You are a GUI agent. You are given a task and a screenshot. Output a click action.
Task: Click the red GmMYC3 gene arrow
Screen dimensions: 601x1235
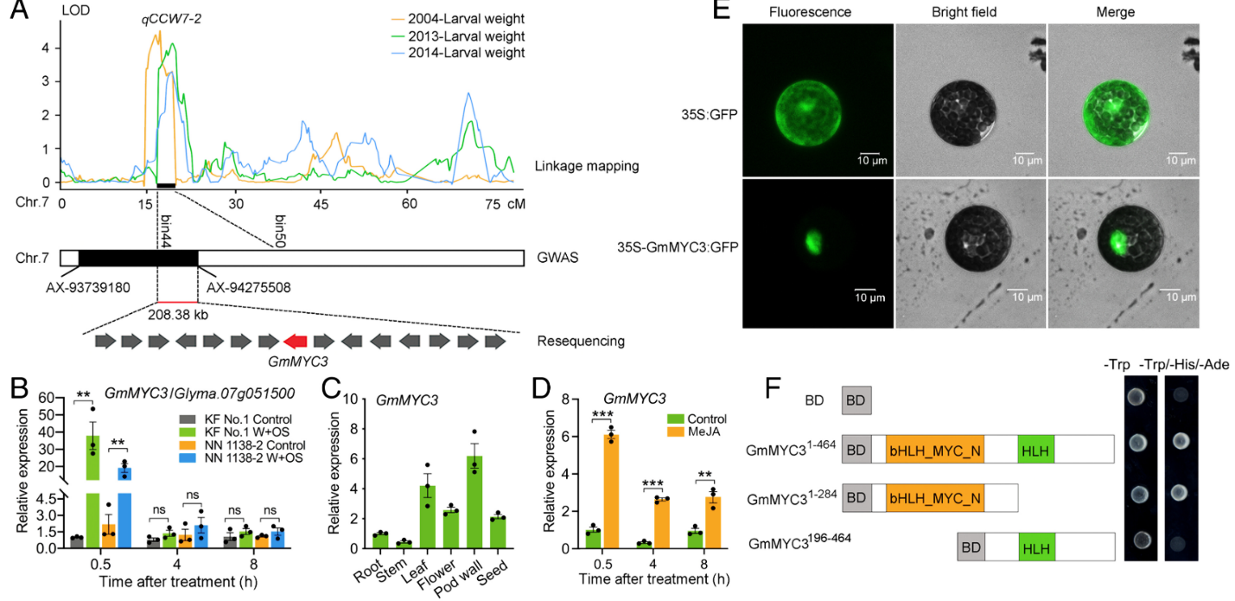(295, 342)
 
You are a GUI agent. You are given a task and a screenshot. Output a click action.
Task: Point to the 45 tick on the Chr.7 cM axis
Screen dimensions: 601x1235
(321, 202)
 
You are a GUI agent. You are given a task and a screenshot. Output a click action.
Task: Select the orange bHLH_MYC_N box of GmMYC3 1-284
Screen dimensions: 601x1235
(934, 499)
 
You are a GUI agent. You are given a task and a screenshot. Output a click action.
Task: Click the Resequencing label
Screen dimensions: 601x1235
(581, 342)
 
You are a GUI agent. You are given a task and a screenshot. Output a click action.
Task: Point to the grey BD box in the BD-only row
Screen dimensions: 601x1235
(856, 400)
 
